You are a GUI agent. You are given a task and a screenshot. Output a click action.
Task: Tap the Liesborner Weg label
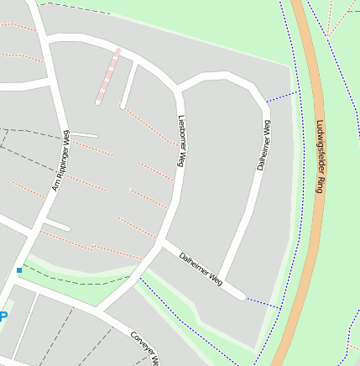point(180,134)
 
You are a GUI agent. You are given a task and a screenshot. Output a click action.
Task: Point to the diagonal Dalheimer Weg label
point(201,265)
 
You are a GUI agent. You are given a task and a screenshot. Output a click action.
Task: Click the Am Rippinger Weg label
point(61,160)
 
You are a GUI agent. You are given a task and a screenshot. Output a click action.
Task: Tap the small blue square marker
point(19,269)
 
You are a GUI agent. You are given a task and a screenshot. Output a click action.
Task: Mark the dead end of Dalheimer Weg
point(242,295)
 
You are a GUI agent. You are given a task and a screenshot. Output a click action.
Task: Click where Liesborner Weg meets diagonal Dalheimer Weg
point(163,244)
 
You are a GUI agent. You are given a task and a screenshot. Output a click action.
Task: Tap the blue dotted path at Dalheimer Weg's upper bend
point(283,96)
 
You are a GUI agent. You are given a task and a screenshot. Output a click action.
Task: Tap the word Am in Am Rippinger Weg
point(55,186)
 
